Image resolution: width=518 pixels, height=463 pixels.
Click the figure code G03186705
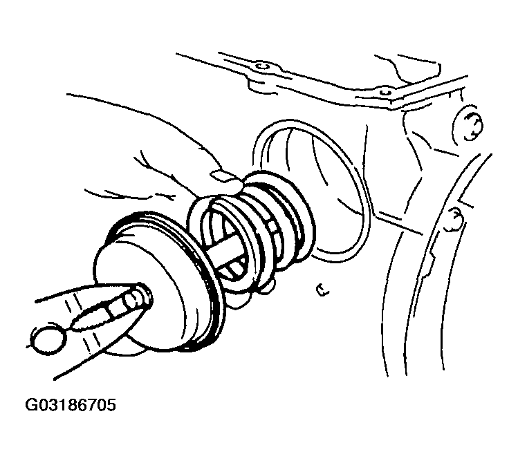pyautogui.click(x=71, y=405)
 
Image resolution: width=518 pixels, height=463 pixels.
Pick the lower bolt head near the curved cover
pyautogui.click(x=455, y=219)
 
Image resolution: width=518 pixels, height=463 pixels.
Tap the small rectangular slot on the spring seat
pyautogui.click(x=275, y=227)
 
